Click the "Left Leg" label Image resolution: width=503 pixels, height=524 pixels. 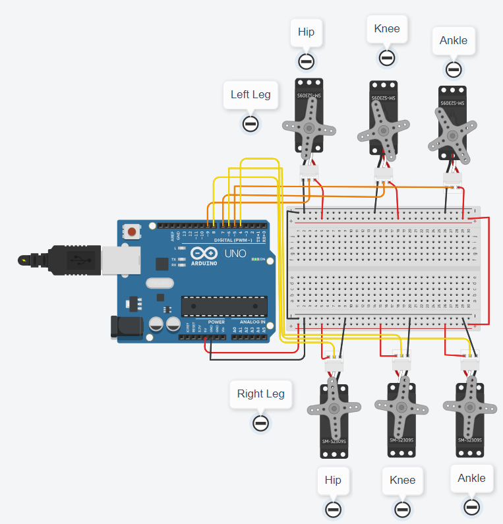click(250, 94)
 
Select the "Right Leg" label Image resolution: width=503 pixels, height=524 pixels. click(260, 394)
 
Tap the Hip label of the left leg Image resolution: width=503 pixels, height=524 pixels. click(306, 32)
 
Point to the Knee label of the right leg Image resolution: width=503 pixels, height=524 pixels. click(402, 480)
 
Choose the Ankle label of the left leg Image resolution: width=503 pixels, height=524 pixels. click(453, 40)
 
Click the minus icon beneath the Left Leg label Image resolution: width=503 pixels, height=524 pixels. click(250, 123)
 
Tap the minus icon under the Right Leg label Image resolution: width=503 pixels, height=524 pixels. click(260, 422)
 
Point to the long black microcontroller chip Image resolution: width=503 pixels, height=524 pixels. click(224, 306)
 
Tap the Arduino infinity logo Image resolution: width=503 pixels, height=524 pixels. click(203, 253)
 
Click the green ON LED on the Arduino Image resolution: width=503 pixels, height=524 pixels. click(254, 259)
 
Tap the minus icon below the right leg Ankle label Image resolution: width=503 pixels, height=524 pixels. click(471, 507)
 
